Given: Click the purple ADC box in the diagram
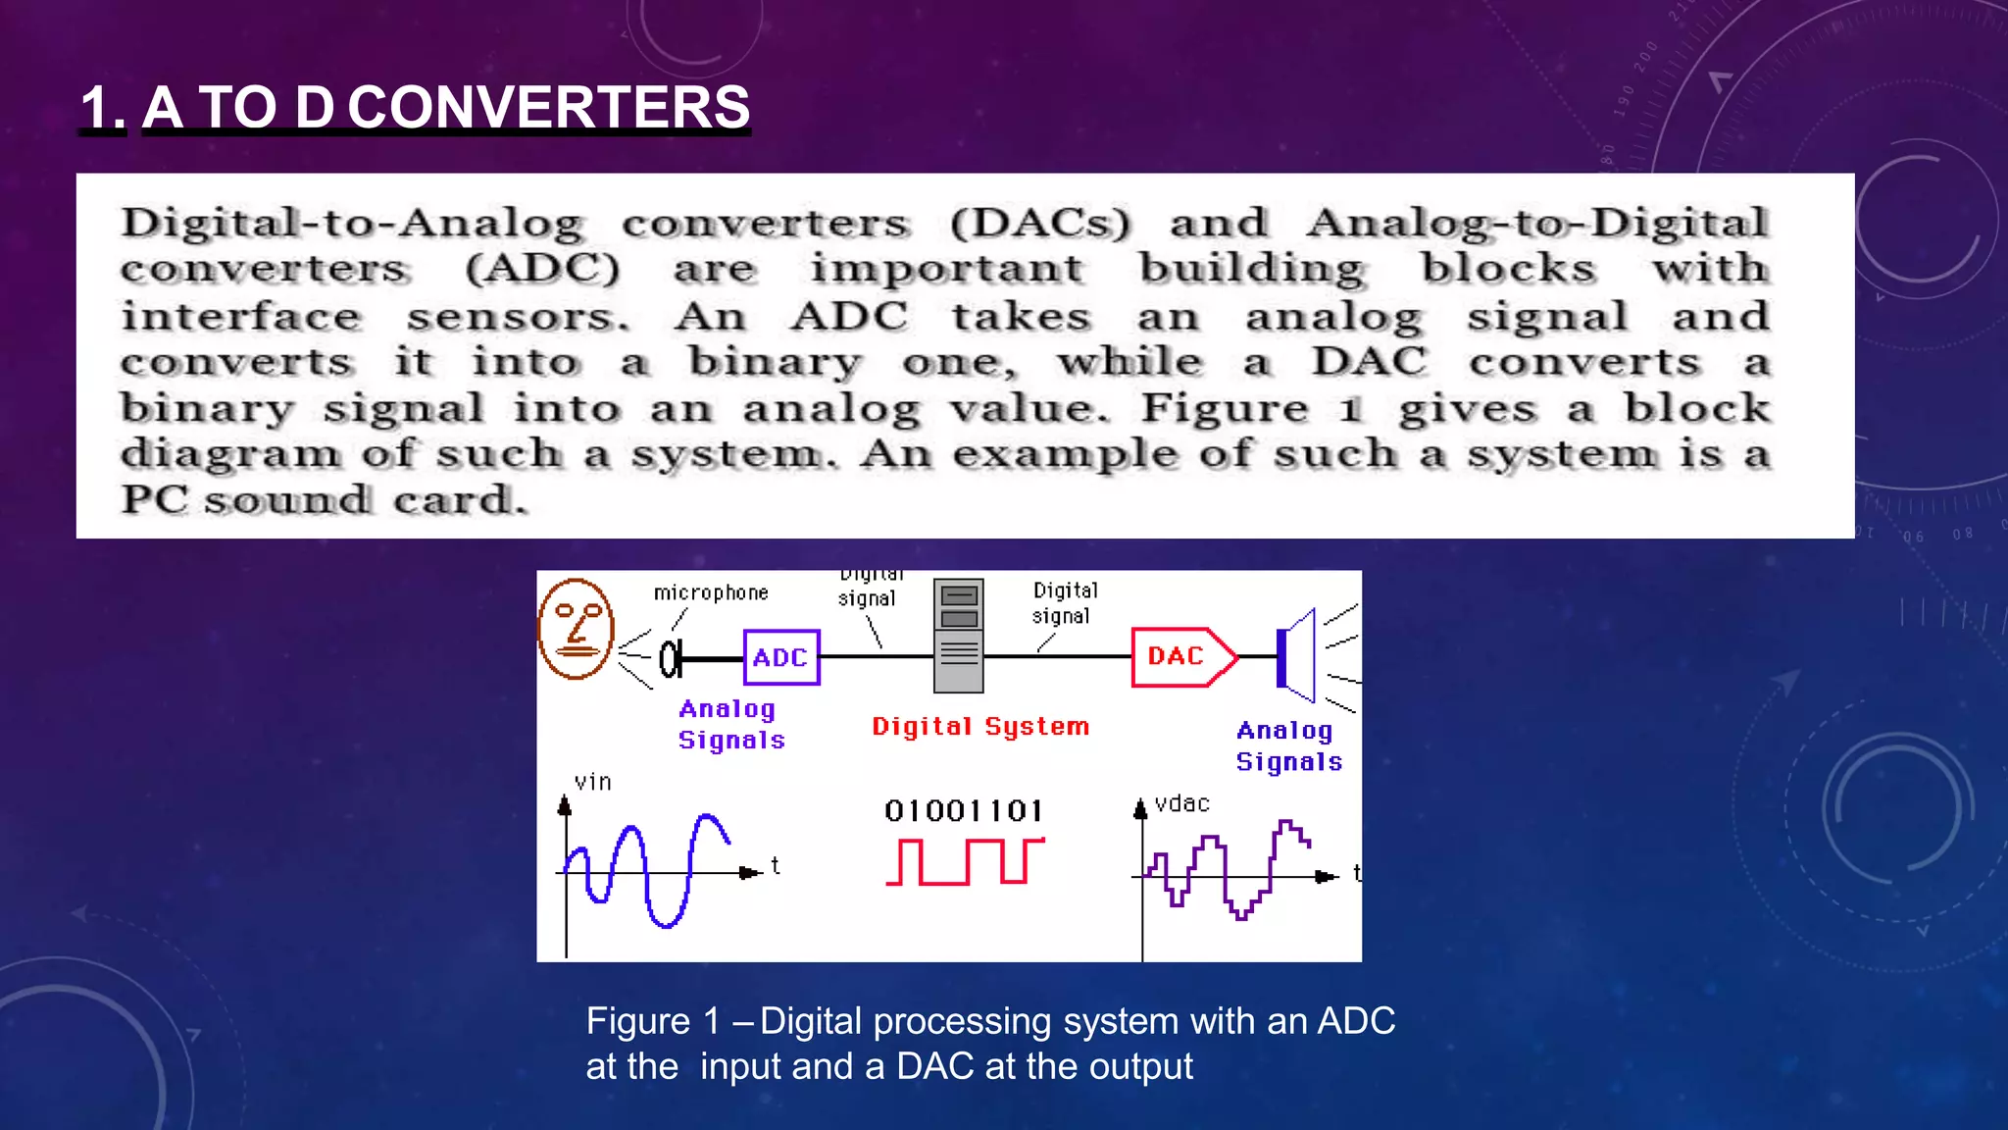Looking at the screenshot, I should (x=780, y=657).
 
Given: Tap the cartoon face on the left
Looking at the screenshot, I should (x=577, y=629).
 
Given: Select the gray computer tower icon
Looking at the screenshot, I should (x=959, y=636).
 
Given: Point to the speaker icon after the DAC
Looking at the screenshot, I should (x=1297, y=656).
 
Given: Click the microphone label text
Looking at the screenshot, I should (x=711, y=592).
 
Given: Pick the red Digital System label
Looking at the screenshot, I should (x=980, y=726).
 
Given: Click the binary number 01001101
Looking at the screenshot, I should (x=964, y=810).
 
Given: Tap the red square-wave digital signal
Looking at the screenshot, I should (x=965, y=861).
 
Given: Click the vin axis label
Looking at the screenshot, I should (x=592, y=782).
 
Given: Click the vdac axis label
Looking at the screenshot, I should (x=1181, y=803).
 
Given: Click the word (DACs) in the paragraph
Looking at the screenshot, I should (x=1040, y=223).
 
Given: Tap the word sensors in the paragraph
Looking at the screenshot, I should (x=517, y=316).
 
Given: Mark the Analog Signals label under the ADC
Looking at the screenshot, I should (x=731, y=724).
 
